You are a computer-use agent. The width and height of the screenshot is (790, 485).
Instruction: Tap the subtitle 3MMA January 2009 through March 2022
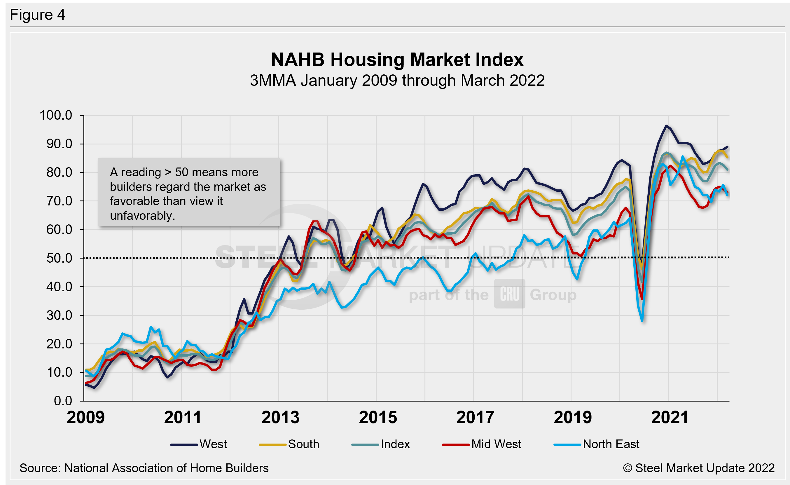(397, 80)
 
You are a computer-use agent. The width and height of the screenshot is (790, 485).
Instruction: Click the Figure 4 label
(38, 15)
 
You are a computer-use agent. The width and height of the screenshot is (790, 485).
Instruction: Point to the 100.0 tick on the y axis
(56, 115)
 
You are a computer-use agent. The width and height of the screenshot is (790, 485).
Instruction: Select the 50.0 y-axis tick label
(59, 258)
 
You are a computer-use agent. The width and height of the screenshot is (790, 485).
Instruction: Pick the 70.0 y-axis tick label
(59, 201)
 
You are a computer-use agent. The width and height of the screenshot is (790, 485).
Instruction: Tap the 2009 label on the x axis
(85, 417)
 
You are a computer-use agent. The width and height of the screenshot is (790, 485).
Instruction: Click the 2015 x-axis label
(378, 417)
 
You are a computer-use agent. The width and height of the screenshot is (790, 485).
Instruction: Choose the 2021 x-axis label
(670, 417)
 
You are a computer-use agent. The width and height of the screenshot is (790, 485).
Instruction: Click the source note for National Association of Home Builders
(144, 468)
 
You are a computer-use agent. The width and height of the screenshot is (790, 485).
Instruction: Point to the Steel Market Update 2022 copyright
(699, 468)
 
